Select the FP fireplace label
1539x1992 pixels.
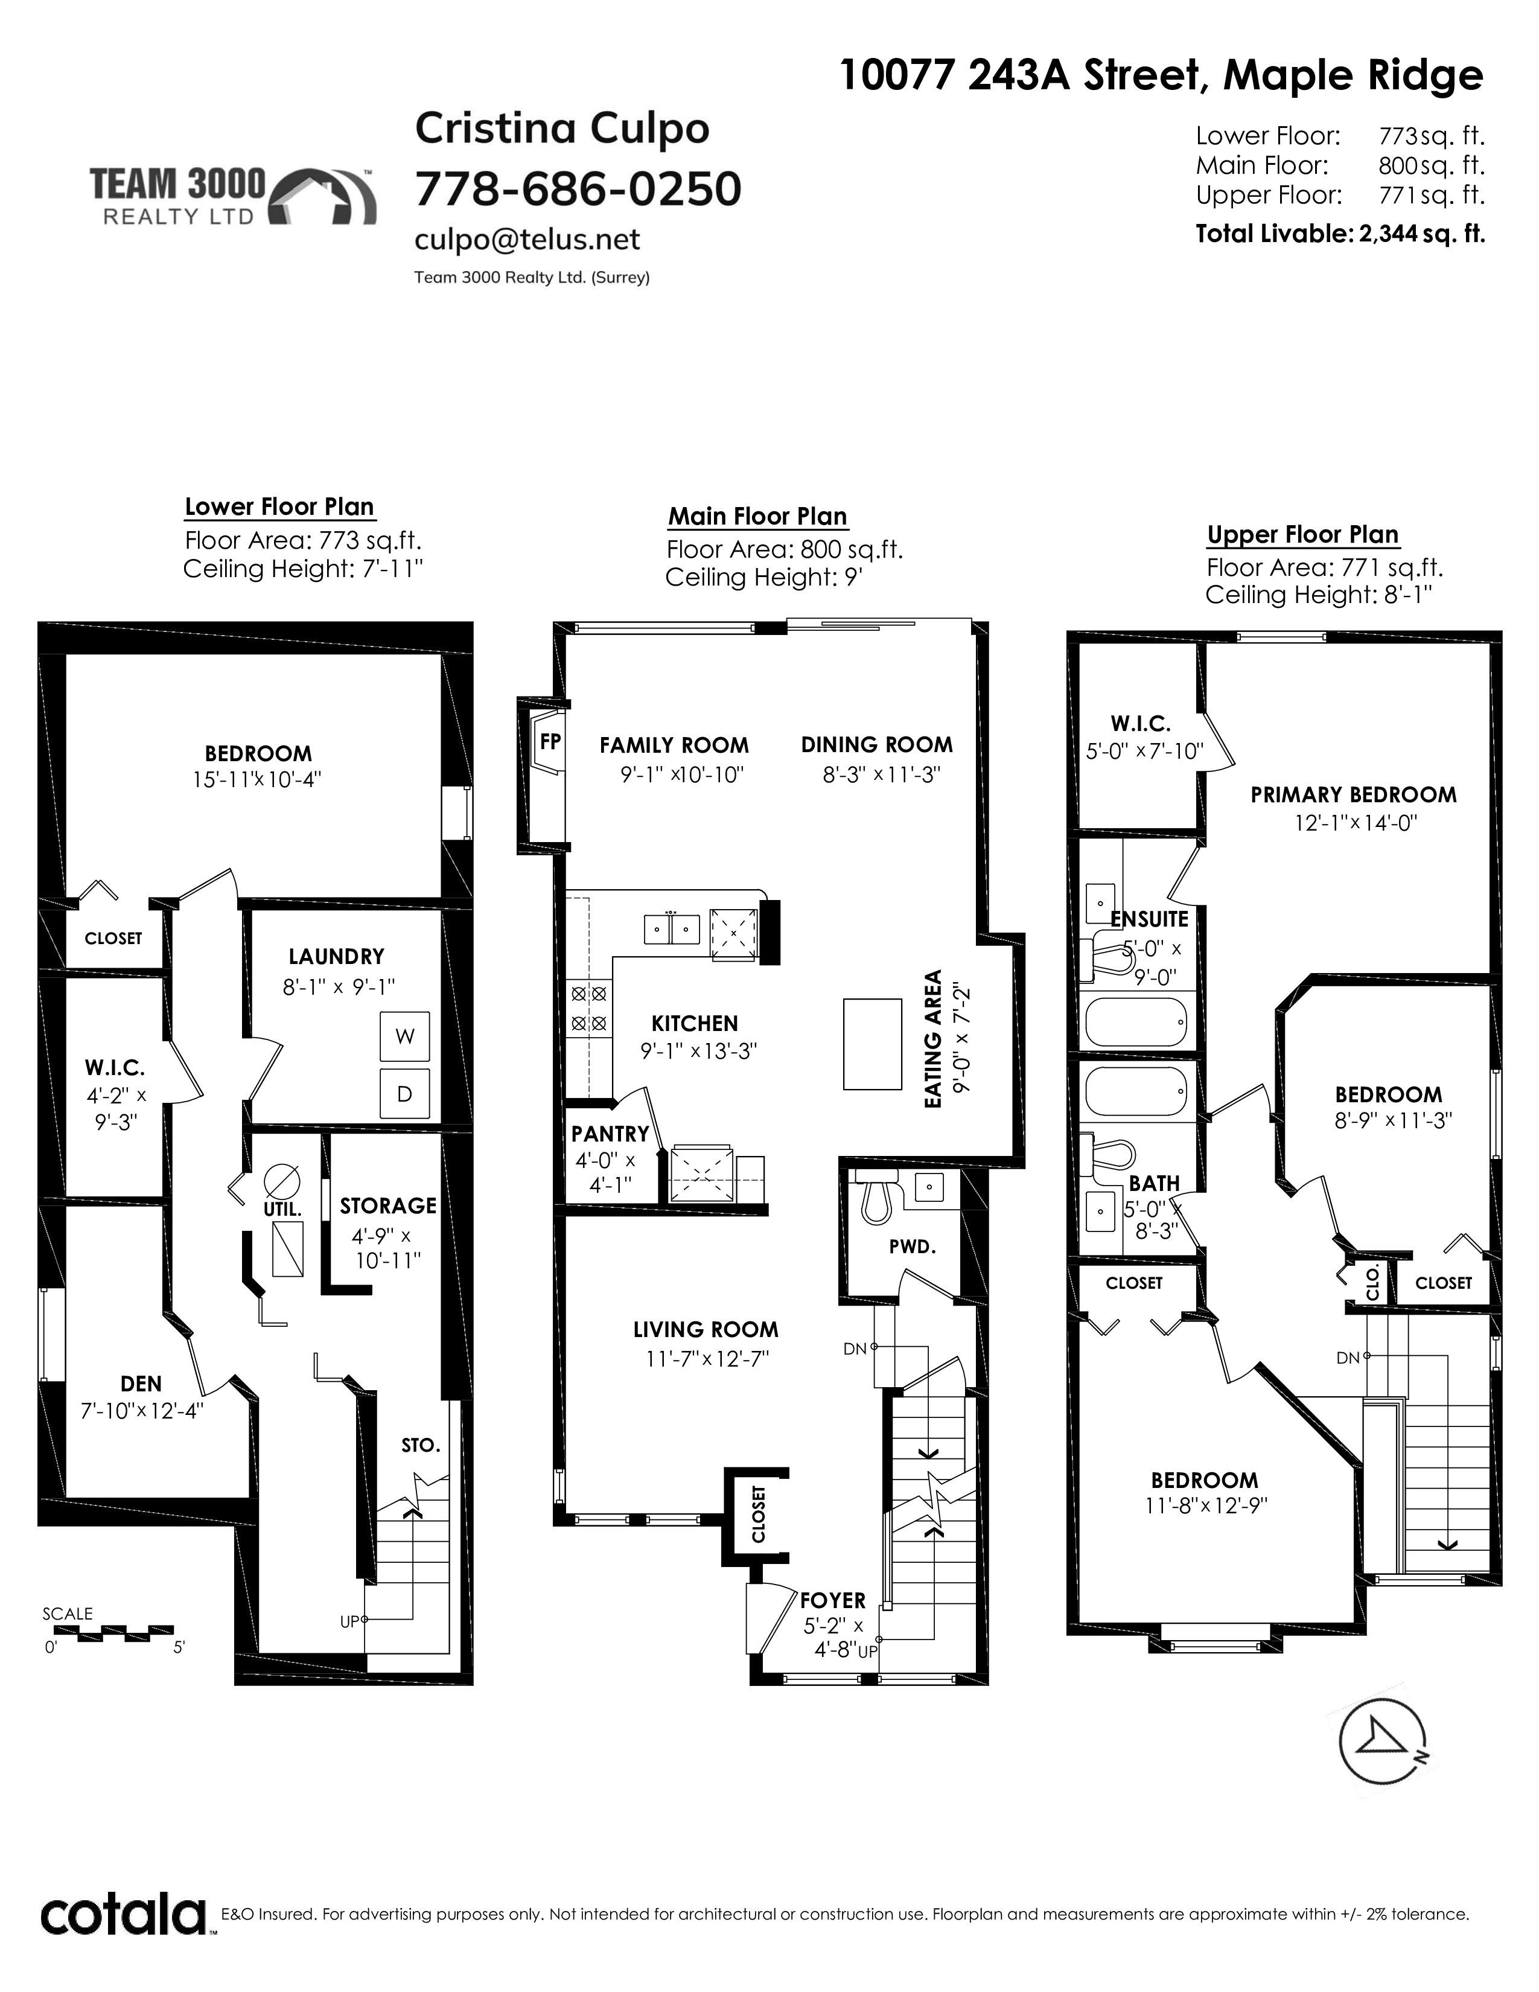point(550,741)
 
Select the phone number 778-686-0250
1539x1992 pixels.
point(578,189)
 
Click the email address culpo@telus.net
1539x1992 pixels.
point(527,240)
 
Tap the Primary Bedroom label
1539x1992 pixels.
point(1353,794)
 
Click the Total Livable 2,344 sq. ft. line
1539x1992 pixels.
point(1340,234)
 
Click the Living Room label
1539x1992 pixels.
point(706,1329)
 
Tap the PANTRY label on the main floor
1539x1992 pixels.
point(610,1134)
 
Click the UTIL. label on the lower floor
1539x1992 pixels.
point(282,1210)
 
